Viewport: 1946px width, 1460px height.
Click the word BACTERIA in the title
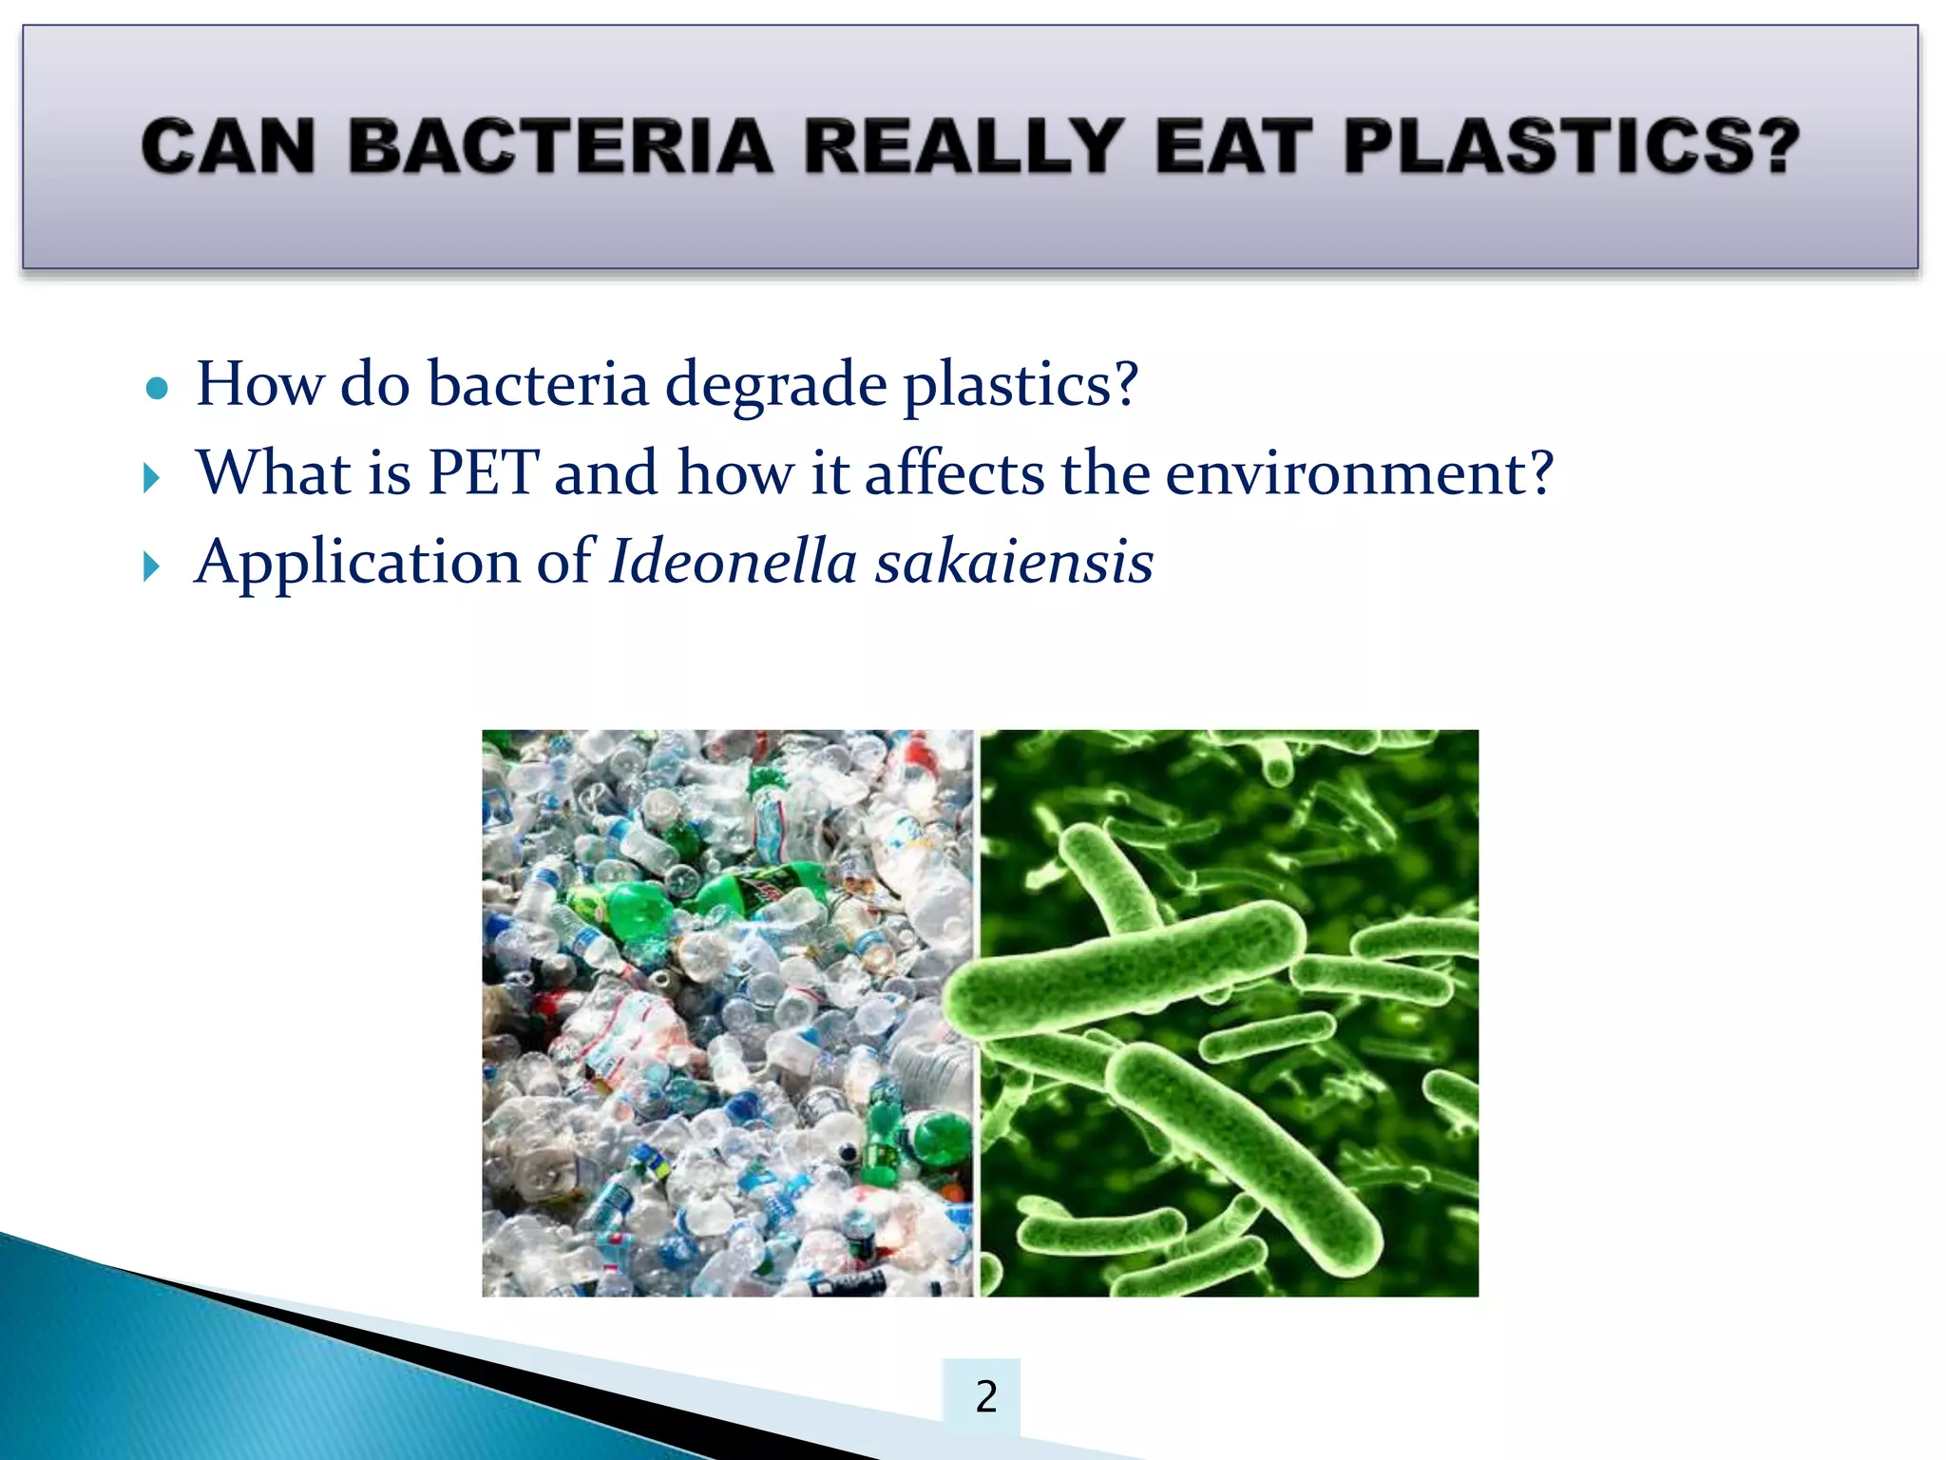click(x=561, y=147)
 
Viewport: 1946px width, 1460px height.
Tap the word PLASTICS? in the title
click(x=1572, y=147)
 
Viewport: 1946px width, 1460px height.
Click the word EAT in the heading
click(x=1228, y=147)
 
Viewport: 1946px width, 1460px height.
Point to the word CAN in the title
click(x=228, y=147)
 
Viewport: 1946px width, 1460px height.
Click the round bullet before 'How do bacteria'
click(x=158, y=389)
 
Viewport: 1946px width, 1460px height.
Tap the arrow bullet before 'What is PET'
click(x=152, y=477)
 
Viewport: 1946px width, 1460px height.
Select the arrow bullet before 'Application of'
click(x=152, y=567)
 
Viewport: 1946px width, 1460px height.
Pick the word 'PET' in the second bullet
click(x=484, y=472)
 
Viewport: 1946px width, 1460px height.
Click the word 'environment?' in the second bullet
click(x=1359, y=472)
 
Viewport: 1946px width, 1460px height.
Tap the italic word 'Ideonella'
click(x=734, y=561)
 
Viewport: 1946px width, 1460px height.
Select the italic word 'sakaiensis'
click(x=1014, y=561)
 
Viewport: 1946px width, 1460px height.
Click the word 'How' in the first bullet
click(x=259, y=384)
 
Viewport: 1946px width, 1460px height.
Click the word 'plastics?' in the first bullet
click(x=1020, y=386)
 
